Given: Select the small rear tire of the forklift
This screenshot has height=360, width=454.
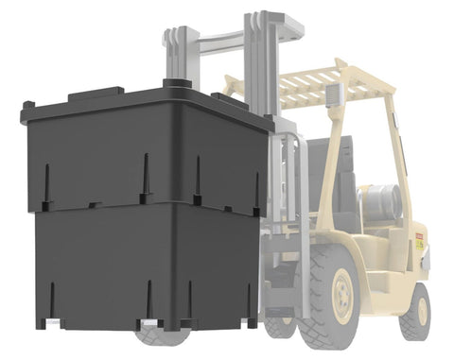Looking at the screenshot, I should click(x=415, y=311).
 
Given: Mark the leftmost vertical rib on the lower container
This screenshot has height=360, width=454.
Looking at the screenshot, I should click(x=47, y=298).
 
